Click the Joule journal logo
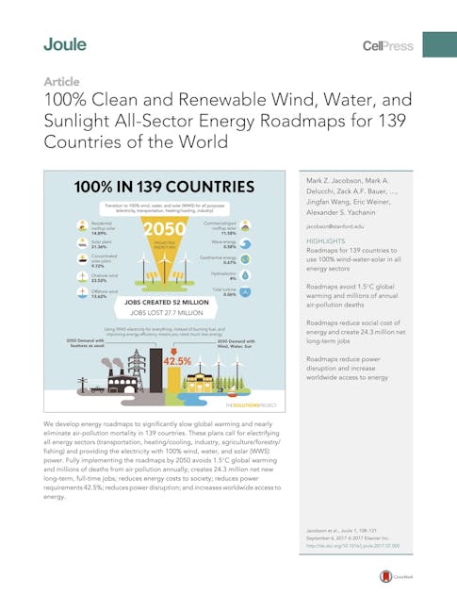tap(65, 44)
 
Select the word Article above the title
tap(61, 82)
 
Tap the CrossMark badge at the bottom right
tap(385, 577)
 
